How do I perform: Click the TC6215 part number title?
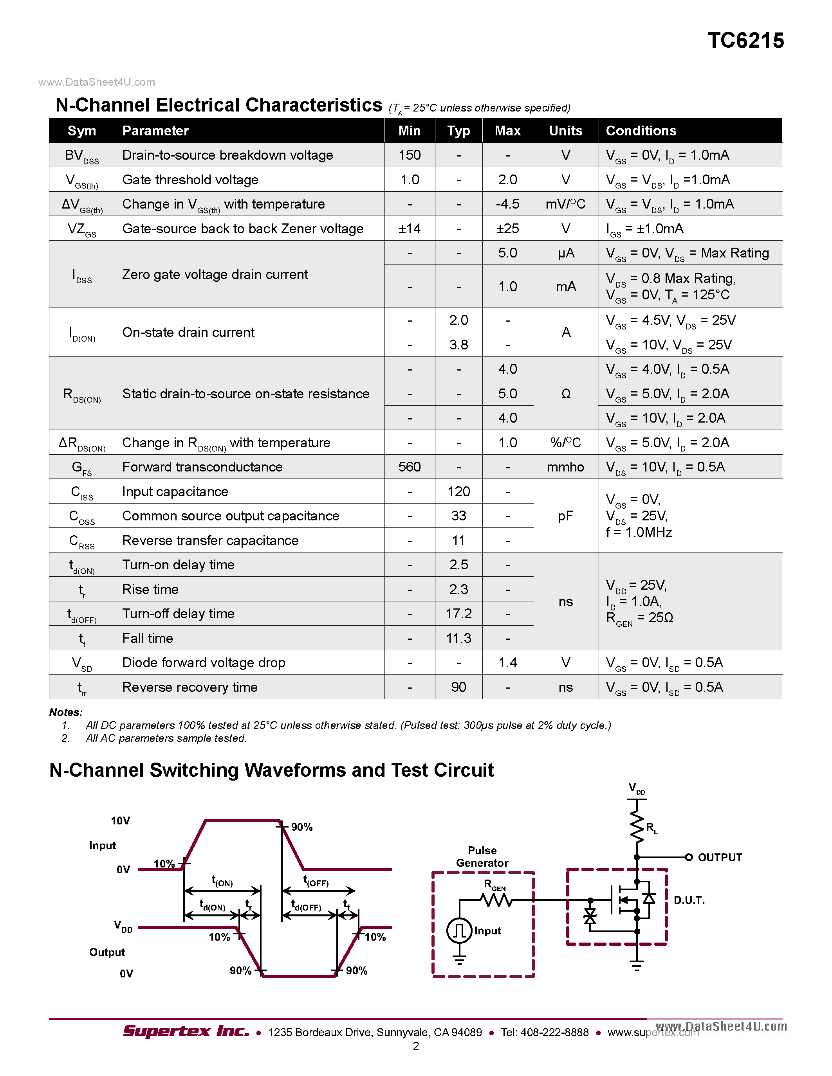point(745,40)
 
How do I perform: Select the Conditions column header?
point(641,131)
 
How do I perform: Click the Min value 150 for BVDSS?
point(409,155)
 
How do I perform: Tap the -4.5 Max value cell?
point(507,204)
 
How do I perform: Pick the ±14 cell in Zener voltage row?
point(409,229)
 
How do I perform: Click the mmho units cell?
point(565,467)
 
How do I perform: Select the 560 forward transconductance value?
point(409,467)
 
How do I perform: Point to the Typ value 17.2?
point(458,614)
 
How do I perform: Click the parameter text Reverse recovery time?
point(190,687)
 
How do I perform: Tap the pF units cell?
point(565,516)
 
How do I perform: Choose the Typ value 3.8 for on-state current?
point(458,345)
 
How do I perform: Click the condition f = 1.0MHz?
point(639,533)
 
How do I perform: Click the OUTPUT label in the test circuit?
point(720,858)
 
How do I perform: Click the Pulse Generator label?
point(482,857)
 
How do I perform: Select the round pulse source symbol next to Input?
point(459,931)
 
